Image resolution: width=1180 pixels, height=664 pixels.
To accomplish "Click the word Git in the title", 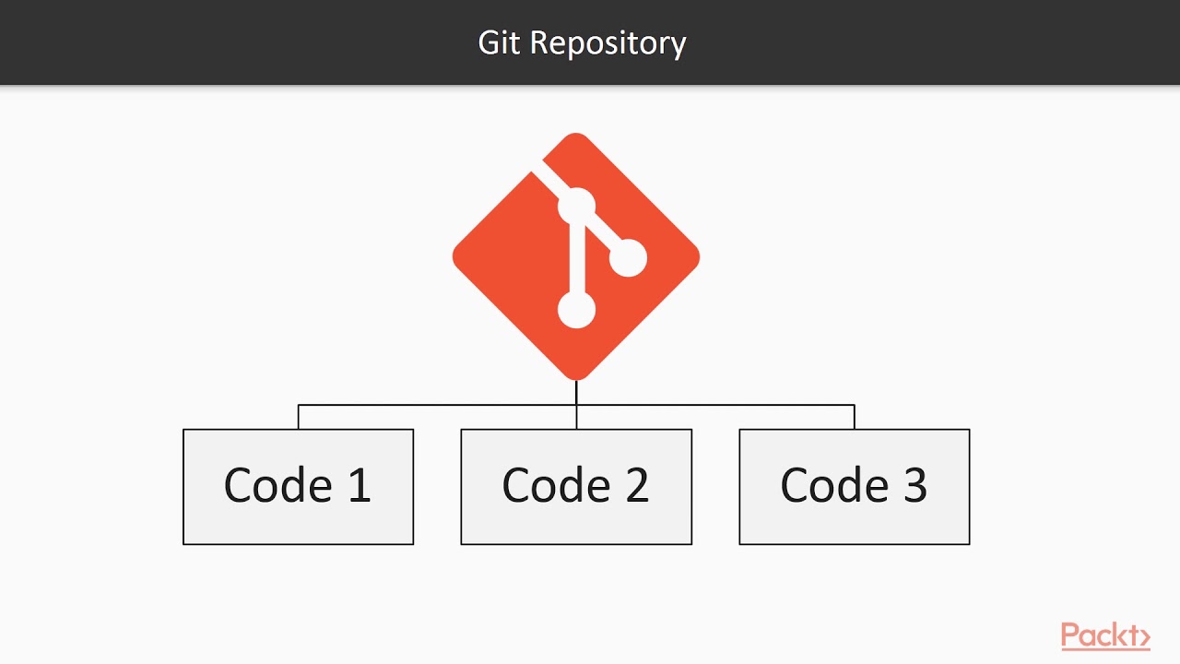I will click(x=499, y=43).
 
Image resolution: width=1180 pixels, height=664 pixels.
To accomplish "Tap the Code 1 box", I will click(x=298, y=486).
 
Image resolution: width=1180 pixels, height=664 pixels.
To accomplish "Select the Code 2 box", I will click(x=576, y=486).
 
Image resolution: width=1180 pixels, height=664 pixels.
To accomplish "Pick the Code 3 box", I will click(x=854, y=486).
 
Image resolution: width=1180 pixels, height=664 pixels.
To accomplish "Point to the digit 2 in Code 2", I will click(x=637, y=486).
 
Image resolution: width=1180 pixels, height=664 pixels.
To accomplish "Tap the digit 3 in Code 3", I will click(x=914, y=486).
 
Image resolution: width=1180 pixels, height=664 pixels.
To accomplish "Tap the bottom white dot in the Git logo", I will click(x=577, y=310).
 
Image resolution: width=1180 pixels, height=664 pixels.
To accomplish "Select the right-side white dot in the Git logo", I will click(x=628, y=258).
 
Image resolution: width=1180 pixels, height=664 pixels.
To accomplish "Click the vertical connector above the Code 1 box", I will click(x=299, y=417).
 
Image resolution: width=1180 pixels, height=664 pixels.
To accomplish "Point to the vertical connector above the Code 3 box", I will click(x=855, y=417).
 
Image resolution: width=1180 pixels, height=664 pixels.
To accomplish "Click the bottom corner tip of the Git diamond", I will click(x=576, y=377).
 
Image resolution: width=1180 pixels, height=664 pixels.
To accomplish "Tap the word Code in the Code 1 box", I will click(x=277, y=486).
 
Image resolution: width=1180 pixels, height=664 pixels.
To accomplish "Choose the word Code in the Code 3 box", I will click(x=833, y=486).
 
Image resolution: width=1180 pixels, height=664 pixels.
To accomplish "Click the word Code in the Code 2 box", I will click(x=555, y=486).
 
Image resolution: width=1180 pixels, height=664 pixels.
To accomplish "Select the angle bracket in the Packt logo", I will click(x=1143, y=636).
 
